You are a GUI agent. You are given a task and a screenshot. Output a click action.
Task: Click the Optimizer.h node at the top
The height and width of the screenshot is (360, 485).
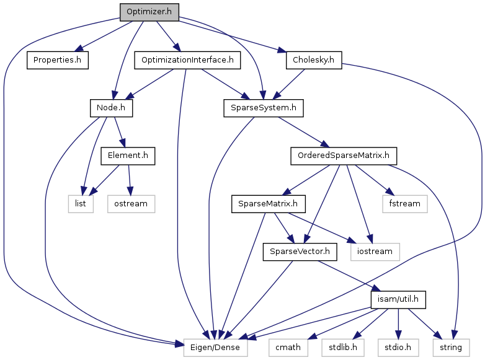[149, 12]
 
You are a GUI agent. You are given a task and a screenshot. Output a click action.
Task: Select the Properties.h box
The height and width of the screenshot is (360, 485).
[58, 60]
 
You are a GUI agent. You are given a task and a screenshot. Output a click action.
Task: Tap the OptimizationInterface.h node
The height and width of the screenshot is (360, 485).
[187, 60]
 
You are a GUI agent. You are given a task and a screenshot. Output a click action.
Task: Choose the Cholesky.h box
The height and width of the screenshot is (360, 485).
[314, 60]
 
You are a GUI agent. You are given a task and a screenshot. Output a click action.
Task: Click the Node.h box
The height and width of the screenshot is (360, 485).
[111, 108]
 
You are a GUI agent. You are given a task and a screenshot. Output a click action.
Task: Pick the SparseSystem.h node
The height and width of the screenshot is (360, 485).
[264, 108]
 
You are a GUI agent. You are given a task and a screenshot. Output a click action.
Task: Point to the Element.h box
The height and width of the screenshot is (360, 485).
[128, 156]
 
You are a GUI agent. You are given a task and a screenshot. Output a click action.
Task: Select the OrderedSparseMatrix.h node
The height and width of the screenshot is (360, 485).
[343, 156]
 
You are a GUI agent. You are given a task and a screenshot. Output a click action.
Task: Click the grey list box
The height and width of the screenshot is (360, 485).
[81, 203]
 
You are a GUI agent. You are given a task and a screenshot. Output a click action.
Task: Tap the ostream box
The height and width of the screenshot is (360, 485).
[131, 203]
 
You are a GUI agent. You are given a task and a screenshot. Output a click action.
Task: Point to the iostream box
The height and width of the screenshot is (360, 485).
[375, 252]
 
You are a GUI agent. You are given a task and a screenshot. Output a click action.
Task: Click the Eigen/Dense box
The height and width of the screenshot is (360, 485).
[215, 348]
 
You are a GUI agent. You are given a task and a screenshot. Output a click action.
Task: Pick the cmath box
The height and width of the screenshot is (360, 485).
[288, 348]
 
